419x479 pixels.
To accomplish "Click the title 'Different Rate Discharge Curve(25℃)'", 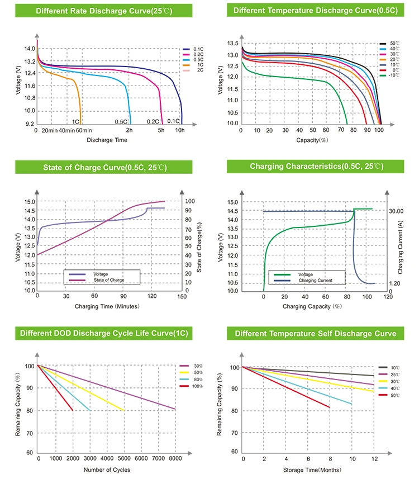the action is point(104,11).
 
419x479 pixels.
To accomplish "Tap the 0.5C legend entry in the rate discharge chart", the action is point(193,60).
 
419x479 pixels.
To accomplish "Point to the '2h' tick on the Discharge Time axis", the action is point(129,130).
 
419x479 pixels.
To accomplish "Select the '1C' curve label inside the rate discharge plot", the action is point(75,122).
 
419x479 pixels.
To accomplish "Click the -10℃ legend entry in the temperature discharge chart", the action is point(389,75).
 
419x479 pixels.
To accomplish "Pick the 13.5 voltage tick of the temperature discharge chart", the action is point(233,44).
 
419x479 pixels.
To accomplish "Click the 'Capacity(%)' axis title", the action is point(312,140).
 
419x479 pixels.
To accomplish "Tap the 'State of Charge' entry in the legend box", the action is point(109,280).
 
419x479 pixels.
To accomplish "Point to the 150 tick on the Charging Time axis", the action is point(182,296).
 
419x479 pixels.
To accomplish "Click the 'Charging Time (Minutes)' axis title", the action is point(107,306).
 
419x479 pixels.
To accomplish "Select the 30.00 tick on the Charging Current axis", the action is point(396,211).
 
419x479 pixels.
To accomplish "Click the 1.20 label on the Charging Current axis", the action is point(394,283).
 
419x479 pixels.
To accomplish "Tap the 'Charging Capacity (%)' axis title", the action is point(312,306).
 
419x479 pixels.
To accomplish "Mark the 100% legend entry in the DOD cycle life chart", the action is point(191,386).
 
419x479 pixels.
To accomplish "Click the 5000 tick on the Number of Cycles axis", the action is point(124,458).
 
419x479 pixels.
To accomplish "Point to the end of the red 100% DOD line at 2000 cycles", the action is point(73,411).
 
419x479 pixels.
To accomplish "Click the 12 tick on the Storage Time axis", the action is point(374,459).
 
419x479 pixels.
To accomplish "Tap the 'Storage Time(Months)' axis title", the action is point(312,470).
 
